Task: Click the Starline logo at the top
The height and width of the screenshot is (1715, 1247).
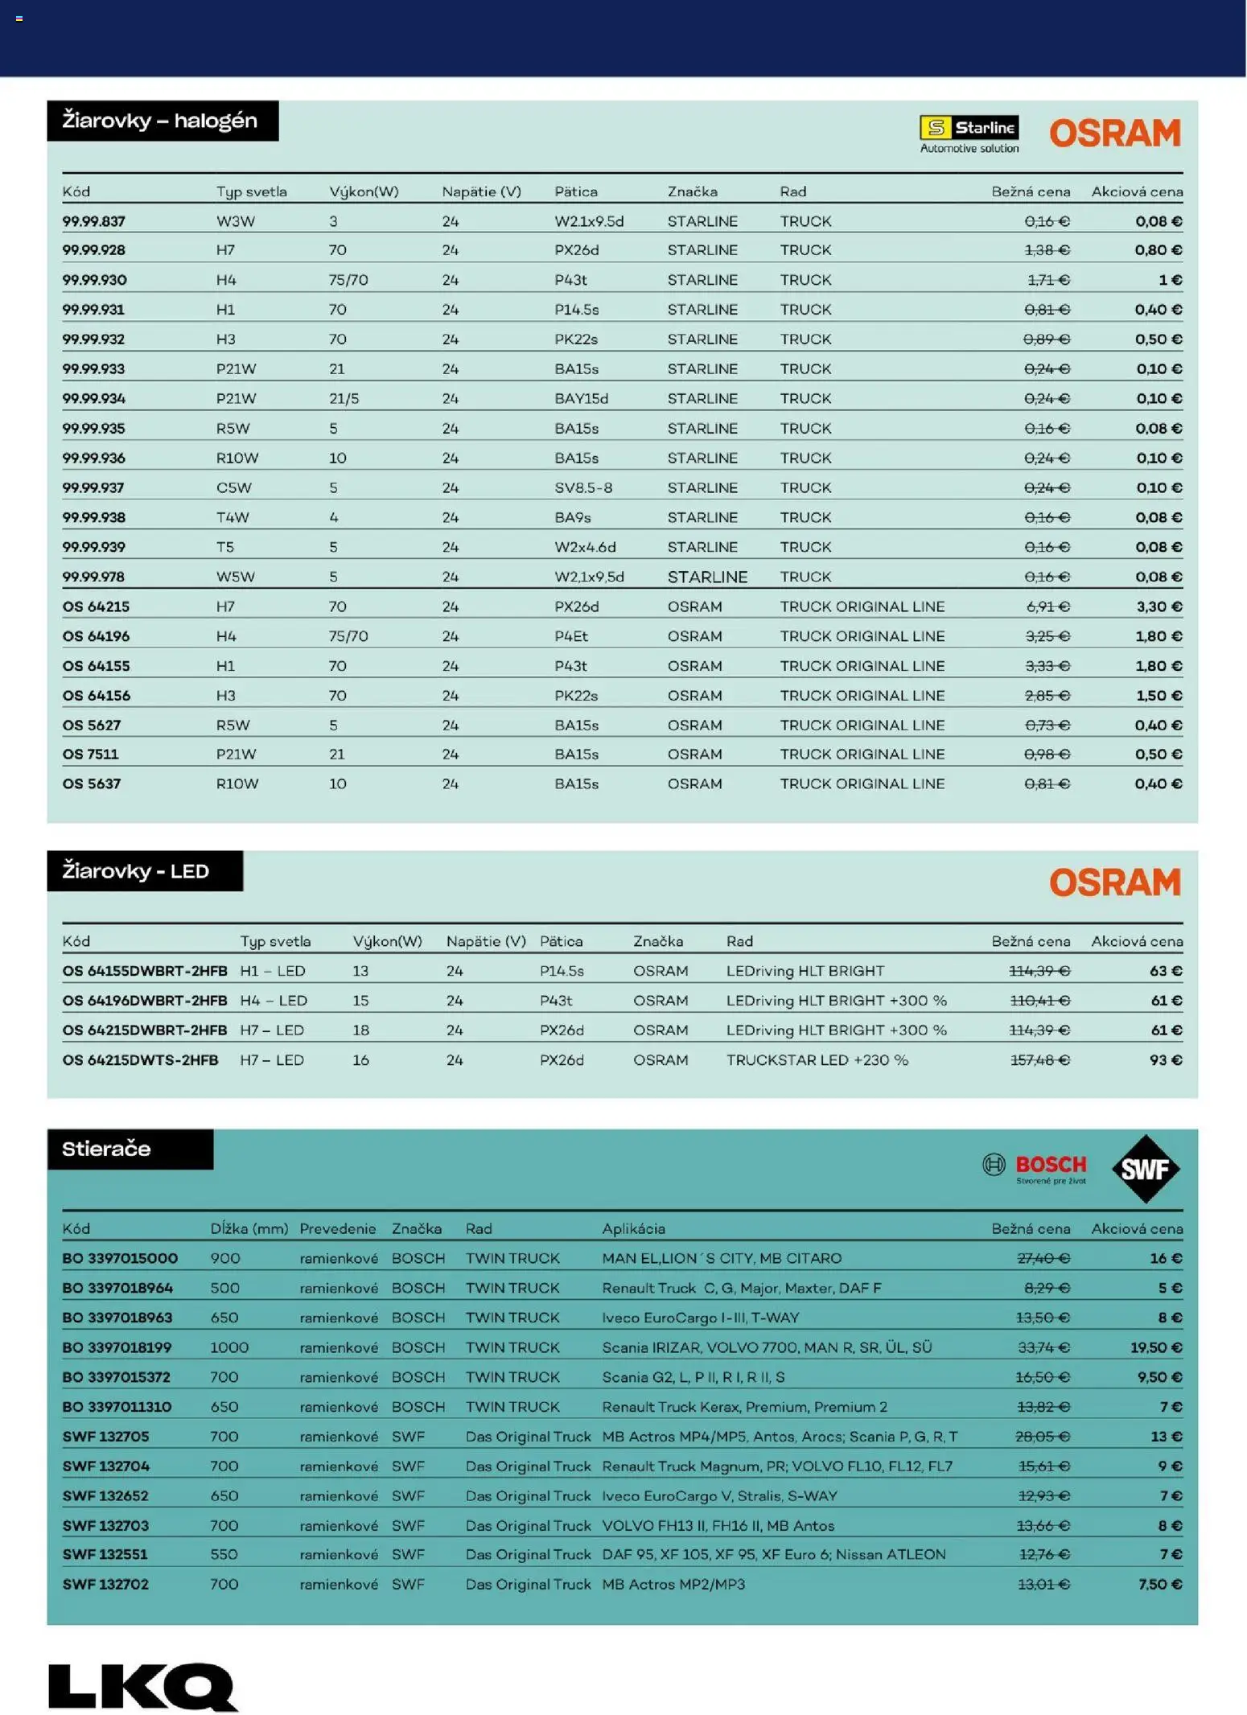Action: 969,134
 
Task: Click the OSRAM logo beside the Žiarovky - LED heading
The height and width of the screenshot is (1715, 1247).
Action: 1114,882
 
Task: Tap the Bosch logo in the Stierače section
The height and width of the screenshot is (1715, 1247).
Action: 1035,1168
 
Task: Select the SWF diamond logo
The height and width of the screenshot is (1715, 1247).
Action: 1146,1168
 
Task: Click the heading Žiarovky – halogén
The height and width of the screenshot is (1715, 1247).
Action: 162,121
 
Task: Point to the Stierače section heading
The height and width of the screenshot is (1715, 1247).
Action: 107,1149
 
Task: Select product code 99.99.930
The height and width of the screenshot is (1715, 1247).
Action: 94,280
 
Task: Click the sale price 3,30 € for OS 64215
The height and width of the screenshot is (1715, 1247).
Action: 1159,607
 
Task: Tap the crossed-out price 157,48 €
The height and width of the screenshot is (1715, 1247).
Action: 1039,1060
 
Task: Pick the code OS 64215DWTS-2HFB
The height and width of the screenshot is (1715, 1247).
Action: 140,1060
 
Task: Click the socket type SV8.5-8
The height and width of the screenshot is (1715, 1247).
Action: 583,487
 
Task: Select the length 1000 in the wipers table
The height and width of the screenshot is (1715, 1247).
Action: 229,1347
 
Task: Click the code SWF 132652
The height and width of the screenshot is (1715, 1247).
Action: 105,1496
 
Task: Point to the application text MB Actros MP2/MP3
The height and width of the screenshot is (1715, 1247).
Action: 673,1585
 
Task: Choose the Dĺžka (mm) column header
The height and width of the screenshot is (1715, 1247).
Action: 249,1228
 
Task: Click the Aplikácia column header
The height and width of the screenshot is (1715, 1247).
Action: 633,1228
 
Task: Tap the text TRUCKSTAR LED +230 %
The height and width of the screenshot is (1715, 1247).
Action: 817,1060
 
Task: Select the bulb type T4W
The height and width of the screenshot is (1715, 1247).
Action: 233,517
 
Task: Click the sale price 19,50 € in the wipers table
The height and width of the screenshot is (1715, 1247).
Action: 1155,1347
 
